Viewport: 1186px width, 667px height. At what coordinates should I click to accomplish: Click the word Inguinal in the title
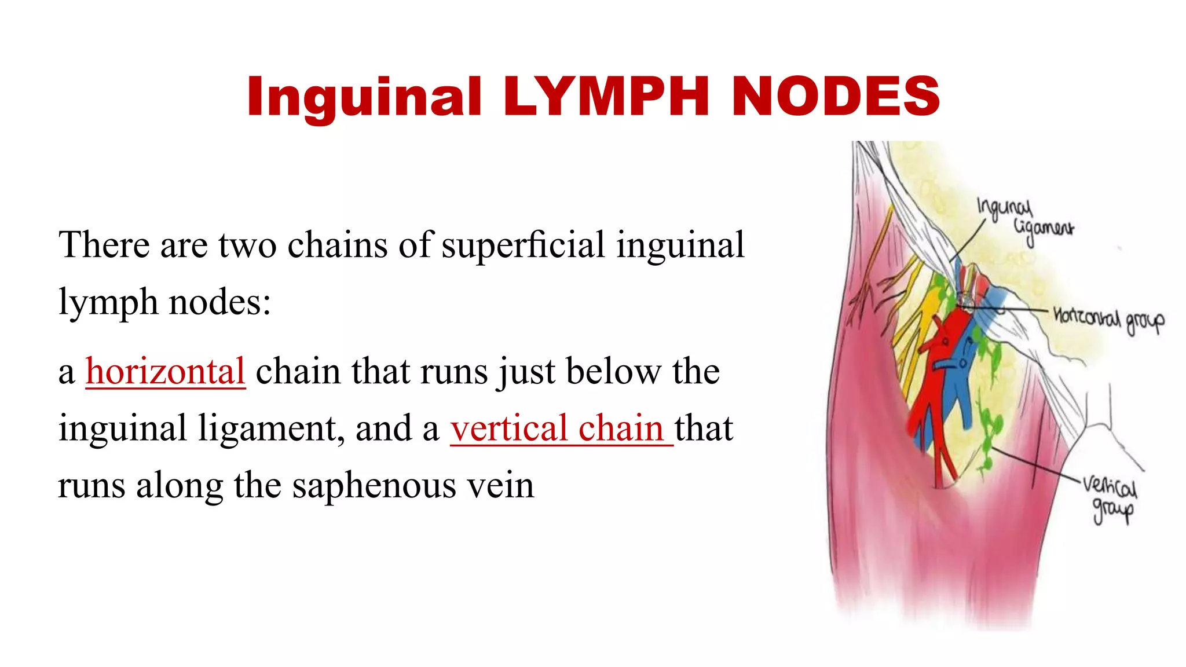364,97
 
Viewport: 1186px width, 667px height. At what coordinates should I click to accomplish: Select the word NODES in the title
836,96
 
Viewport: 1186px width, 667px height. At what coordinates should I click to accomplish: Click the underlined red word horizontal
166,371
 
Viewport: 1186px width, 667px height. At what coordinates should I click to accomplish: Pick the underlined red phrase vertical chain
561,428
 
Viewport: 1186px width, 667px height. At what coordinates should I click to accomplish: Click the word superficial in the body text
522,244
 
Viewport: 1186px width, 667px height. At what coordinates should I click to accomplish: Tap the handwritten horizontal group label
1107,318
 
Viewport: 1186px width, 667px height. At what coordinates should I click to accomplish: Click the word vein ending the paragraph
501,485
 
